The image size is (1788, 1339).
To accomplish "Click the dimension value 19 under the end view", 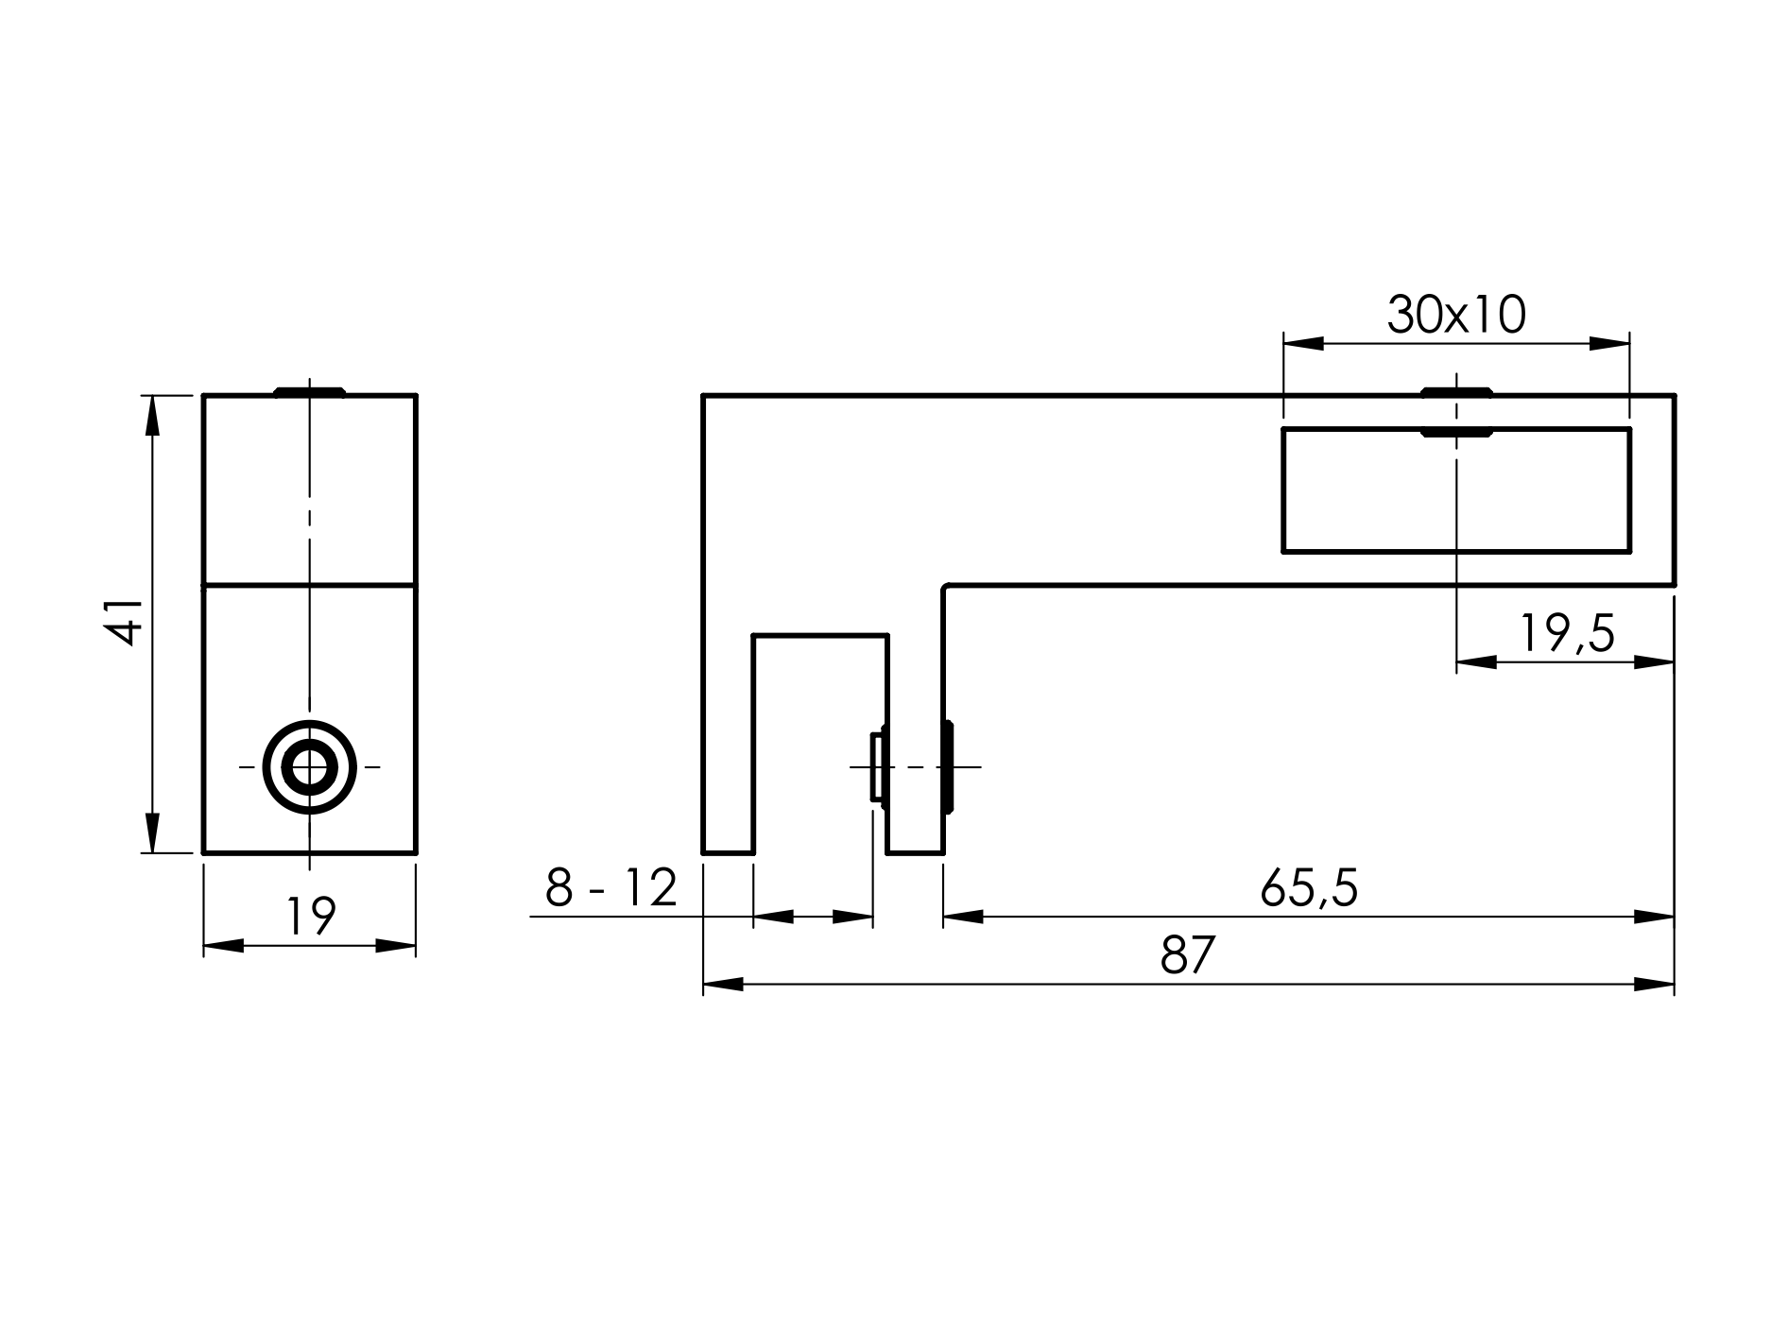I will tap(311, 916).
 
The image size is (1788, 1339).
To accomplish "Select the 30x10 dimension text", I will tap(1455, 316).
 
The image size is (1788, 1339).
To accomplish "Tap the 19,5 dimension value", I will tap(1567, 634).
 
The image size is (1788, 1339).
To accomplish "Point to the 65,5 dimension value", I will tap(1309, 888).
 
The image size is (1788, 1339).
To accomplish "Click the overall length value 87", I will tap(1187, 956).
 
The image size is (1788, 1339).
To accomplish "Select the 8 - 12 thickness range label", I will tap(611, 888).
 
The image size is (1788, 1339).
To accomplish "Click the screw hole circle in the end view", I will tap(309, 767).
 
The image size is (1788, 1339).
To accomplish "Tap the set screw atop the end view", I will tap(309, 391).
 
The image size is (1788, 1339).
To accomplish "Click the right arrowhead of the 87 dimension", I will tap(1654, 985).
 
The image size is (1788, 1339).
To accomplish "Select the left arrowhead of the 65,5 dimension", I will tap(963, 916).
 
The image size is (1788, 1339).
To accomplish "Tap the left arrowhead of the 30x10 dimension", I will tap(1303, 343).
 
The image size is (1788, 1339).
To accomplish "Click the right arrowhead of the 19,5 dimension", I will tap(1654, 661).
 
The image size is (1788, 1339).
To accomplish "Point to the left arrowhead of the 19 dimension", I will tap(224, 945).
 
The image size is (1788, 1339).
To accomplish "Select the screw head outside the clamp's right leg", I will tap(948, 767).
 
